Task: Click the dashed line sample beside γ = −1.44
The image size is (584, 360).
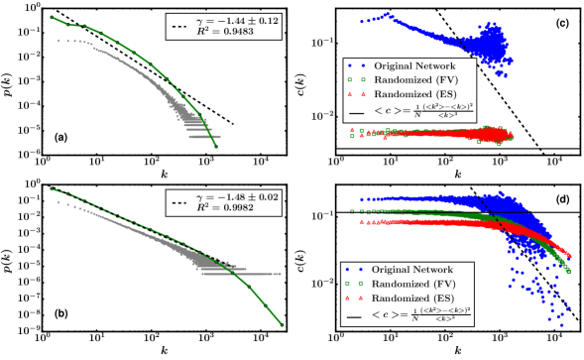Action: [178, 25]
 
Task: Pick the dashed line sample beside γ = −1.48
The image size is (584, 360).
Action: [178, 202]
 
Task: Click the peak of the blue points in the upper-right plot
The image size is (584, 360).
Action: [387, 14]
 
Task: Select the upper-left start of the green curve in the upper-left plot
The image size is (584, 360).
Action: [52, 18]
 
